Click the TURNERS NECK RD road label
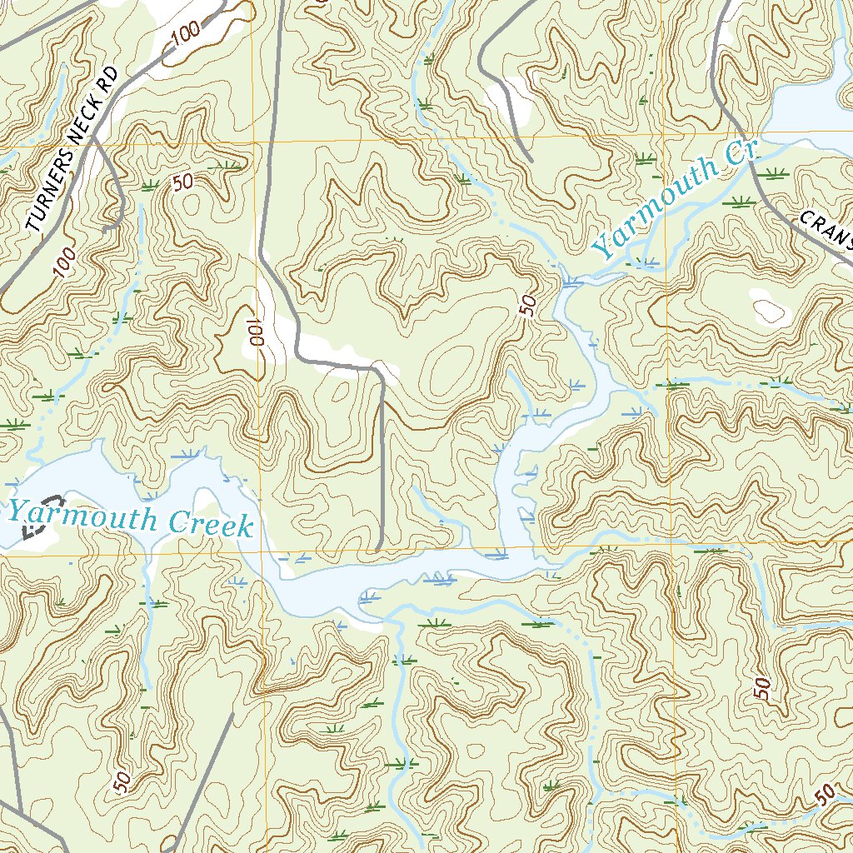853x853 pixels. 74,149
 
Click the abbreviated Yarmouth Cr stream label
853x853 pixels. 673,199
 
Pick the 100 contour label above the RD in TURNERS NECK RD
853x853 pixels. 187,34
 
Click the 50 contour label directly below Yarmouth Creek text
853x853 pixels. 122,781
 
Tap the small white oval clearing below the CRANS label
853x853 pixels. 769,310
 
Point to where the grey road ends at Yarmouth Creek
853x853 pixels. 378,549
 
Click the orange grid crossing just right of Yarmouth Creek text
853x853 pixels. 262,553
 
